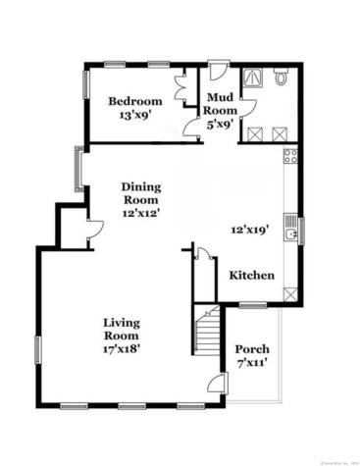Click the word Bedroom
[134, 100]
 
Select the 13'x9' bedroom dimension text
[134, 114]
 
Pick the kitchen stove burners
[290, 156]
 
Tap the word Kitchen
[252, 277]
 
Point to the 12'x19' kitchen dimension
[249, 231]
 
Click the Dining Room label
[140, 193]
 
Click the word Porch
[252, 350]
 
